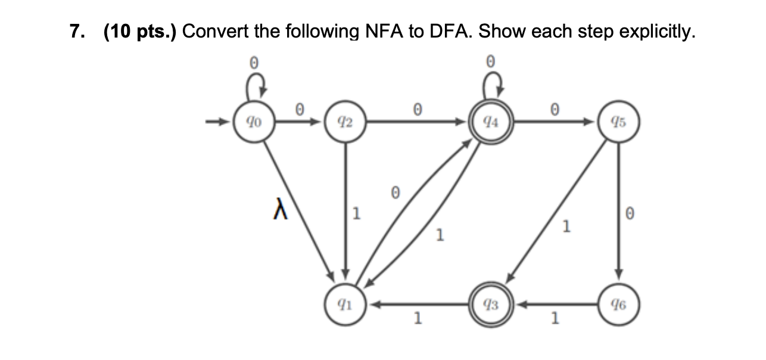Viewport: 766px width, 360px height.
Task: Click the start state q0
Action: [x=253, y=124]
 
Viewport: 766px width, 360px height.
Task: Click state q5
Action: [x=619, y=124]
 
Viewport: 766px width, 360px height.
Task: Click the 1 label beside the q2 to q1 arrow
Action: [x=356, y=213]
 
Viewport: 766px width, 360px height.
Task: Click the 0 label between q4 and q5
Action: [x=555, y=109]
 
